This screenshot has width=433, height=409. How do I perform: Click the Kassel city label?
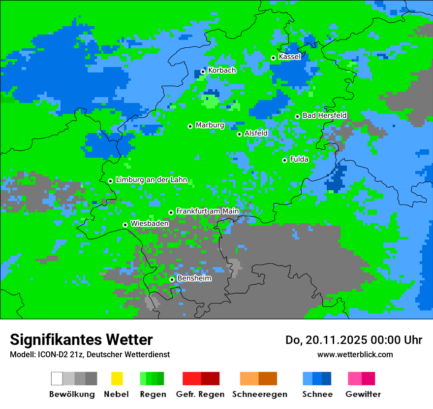coord(289,57)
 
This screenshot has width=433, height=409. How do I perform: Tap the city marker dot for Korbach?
coord(203,71)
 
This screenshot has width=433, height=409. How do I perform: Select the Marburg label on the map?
coord(210,125)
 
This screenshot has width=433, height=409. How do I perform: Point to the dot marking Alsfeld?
coord(240,134)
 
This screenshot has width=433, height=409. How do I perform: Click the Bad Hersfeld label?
coord(324,115)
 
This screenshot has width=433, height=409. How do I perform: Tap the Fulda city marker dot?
coord(284,160)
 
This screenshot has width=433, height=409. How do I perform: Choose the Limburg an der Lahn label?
coord(151,180)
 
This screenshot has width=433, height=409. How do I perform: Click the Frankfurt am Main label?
coord(207,211)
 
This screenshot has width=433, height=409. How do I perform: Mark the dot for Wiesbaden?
coord(125,225)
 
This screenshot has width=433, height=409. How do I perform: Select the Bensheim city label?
coord(194,278)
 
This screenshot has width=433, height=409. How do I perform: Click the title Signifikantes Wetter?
coord(81,340)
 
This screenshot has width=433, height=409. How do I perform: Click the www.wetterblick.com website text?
coord(355,354)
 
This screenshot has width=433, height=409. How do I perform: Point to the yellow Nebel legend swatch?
coord(117,378)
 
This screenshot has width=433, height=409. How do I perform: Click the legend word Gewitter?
coord(363,394)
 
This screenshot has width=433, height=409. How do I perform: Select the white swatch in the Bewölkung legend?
coord(57,378)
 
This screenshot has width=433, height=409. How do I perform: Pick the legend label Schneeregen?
coord(260,394)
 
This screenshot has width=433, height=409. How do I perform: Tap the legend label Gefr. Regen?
coord(200,394)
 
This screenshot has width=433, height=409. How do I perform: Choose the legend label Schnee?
coord(317,394)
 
